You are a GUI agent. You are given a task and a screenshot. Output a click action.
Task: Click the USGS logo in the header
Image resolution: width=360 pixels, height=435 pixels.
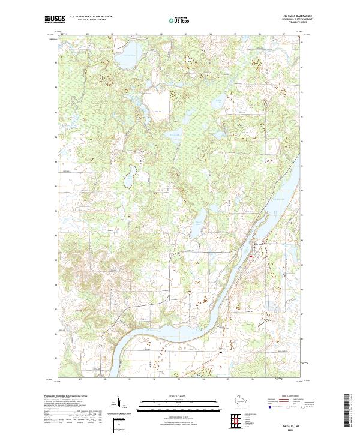click(55, 19)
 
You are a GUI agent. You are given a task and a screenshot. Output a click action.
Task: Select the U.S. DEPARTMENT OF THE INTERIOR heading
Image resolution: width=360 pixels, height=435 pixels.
click(91, 16)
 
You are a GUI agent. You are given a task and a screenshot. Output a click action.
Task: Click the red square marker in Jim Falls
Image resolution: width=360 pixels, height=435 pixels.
click(251, 257)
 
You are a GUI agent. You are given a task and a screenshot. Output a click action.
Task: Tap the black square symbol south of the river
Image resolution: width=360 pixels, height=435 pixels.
click(220, 352)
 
